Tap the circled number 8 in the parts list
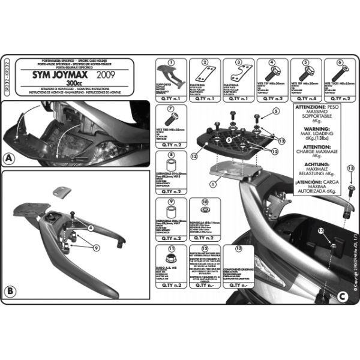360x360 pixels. (170, 155)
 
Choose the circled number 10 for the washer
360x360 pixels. (205, 202)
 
